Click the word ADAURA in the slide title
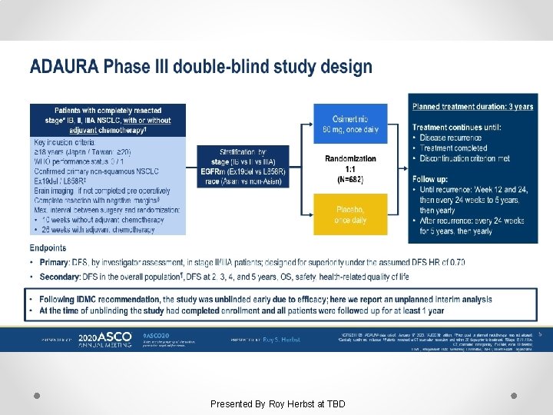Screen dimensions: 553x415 [64, 66]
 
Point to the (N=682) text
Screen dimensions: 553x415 [350, 179]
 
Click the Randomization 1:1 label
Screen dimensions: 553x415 [350, 164]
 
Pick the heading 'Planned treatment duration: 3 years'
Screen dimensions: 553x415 [472, 107]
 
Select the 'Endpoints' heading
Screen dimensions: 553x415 [48, 247]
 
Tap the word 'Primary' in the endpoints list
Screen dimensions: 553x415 [55, 262]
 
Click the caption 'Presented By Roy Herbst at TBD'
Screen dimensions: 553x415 [278, 403]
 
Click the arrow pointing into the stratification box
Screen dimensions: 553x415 [191, 165]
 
